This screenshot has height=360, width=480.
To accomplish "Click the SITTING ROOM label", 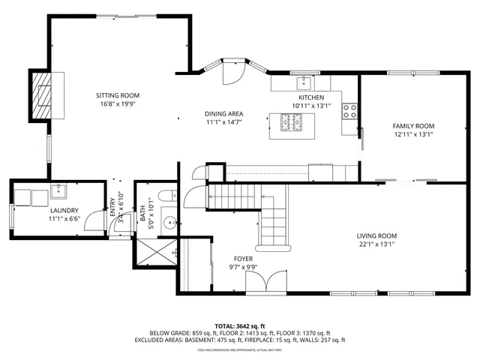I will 118,95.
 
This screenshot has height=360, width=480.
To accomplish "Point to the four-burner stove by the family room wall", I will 349,112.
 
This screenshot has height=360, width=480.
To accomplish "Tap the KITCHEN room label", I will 311,97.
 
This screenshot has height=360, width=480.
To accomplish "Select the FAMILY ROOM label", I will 413,126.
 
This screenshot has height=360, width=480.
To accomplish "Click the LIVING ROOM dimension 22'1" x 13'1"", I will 376,243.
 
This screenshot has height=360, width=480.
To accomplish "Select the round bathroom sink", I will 169,222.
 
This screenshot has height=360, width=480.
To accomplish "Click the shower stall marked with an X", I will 157,253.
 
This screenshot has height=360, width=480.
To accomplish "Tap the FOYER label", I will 243,258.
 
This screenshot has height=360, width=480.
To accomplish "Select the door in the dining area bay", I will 229,72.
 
